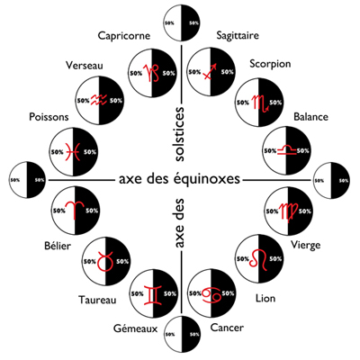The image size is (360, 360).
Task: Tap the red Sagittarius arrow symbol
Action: coord(210,72)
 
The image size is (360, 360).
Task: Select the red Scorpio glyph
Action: coord(260,103)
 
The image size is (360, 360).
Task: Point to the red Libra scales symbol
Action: coord(287,150)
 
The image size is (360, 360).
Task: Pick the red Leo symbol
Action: coord(258,259)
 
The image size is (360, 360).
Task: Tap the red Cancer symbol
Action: coord(211,294)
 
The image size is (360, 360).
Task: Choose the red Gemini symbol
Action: coord(152,294)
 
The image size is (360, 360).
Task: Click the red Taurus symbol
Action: coord(105,261)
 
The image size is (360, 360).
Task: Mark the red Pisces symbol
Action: coord(73,152)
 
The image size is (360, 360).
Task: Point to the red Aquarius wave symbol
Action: coord(99,100)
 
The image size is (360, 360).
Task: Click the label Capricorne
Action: coord(124,35)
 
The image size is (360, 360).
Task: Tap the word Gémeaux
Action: coord(136,328)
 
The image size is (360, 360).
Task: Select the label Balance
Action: coord(310,117)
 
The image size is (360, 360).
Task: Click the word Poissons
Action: coord(49,117)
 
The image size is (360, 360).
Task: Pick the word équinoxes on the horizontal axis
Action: coord(207,179)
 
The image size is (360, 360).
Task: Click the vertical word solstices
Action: coord(179,134)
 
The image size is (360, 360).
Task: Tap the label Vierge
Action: coord(306,245)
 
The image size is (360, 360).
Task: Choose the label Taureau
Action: coord(97,300)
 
